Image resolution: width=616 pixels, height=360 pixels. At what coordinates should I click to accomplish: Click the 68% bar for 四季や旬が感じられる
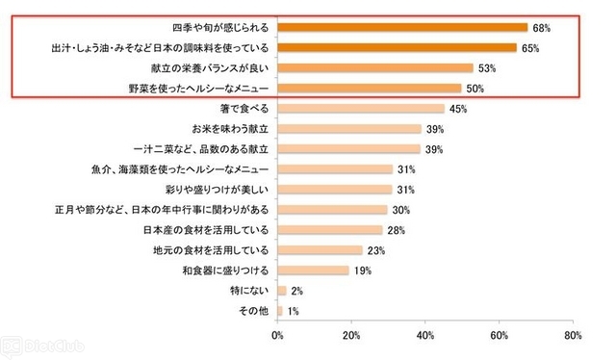(402, 28)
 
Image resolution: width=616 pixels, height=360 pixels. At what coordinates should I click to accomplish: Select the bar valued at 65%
(397, 47)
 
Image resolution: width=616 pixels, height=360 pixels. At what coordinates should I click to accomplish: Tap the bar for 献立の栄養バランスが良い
(375, 68)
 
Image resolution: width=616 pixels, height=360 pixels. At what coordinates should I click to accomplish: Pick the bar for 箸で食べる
(361, 109)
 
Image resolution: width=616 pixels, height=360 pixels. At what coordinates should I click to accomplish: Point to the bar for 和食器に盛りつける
(313, 270)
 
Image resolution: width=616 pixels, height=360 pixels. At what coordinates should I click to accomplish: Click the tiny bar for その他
(280, 311)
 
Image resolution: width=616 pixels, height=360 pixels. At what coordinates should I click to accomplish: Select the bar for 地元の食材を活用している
(320, 250)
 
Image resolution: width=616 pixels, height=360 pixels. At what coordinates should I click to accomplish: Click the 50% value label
(475, 89)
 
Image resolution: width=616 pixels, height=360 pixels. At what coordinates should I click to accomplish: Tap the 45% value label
(458, 109)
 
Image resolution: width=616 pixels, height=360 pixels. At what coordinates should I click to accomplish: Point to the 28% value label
(396, 230)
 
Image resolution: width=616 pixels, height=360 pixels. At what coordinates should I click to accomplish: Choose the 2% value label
(297, 291)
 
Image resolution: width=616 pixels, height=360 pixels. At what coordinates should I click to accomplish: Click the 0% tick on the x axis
(277, 335)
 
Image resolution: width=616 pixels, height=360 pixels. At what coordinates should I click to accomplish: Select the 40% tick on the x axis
(425, 335)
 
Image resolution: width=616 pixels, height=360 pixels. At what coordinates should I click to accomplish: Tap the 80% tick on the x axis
(574, 335)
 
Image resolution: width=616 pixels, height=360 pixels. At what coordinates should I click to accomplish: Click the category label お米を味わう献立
(230, 129)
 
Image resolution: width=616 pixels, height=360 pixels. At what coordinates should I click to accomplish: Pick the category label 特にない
(249, 291)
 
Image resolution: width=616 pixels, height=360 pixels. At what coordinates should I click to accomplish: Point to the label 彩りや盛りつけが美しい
(217, 190)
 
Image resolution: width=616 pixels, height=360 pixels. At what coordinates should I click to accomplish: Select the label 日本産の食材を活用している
(206, 230)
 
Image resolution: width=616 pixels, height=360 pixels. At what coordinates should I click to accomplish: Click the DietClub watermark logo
(42, 347)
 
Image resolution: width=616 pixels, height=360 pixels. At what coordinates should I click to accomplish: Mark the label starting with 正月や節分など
(162, 210)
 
